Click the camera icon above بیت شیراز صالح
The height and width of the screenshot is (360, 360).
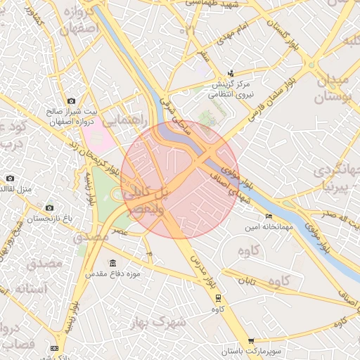pos(71,101)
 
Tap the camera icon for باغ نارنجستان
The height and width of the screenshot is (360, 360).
pos(49,208)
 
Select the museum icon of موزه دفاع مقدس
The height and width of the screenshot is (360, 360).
pos(112,262)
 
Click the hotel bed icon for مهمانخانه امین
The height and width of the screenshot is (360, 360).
pos(268,216)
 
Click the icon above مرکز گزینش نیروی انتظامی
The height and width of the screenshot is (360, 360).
pos(231,73)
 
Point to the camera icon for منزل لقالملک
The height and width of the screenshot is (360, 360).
pos(10,179)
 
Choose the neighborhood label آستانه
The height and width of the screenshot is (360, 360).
pos(33,288)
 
